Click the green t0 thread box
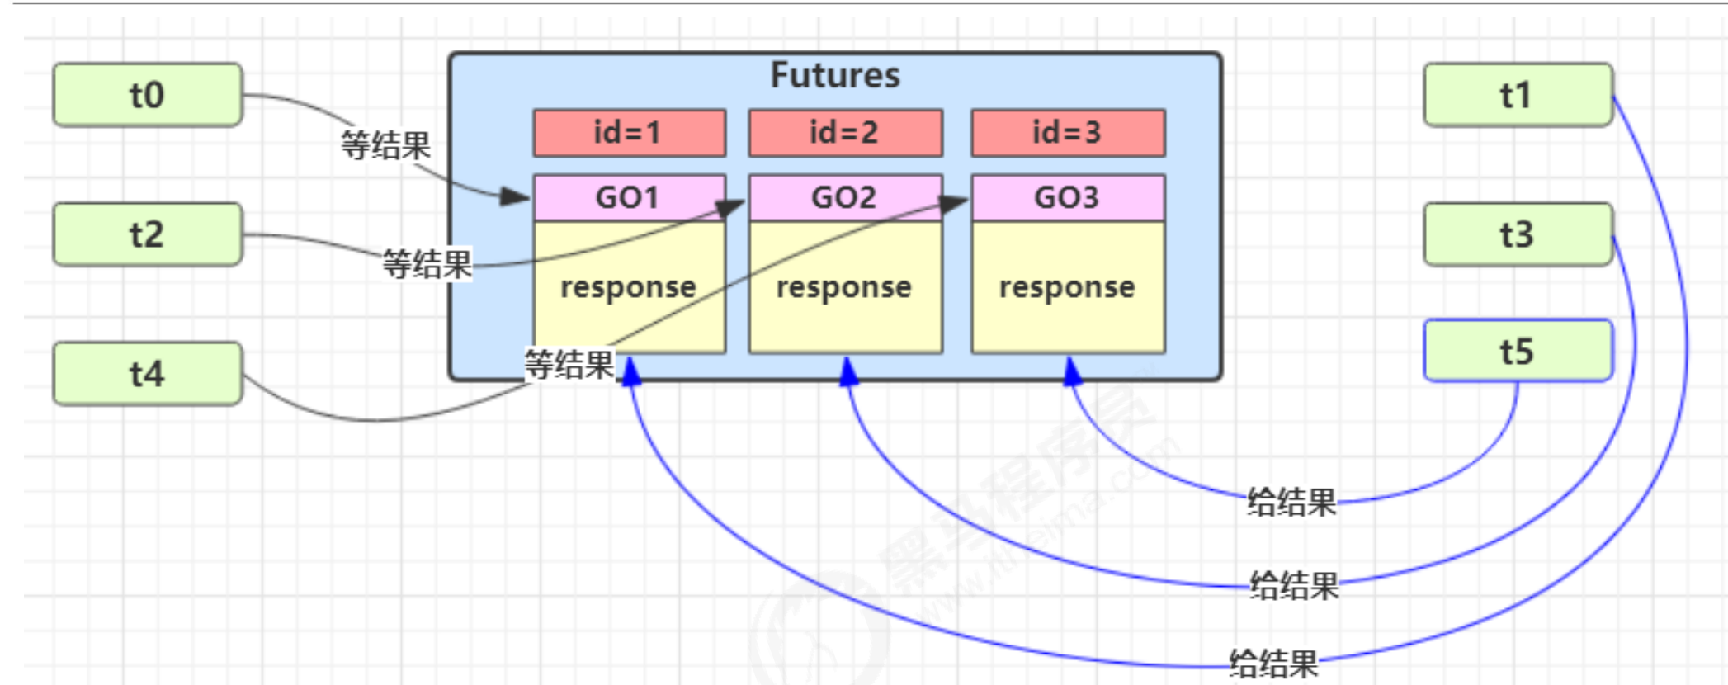coord(148,95)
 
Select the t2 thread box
coord(148,234)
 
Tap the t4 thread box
coord(148,374)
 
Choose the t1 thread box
coord(1518,95)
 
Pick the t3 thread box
coord(1518,234)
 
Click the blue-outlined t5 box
coord(1518,351)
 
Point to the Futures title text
coord(835,75)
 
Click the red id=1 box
coord(629,132)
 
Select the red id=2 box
coord(845,132)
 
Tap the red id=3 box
coord(1068,132)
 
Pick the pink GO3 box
coord(1068,197)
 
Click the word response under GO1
coord(629,287)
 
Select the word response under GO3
coord(1068,287)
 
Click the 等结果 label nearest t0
coord(386,146)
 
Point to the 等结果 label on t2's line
coord(427,265)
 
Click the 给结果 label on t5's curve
coord(1291,502)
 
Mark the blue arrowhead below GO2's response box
coord(848,372)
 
